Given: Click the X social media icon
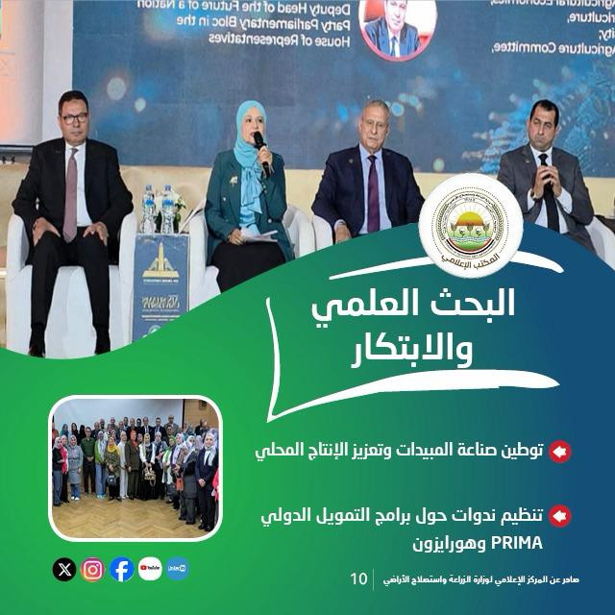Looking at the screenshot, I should tap(64, 569).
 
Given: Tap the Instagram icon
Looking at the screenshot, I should tap(92, 569).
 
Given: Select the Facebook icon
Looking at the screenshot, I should tap(121, 569).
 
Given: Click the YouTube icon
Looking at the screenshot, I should tap(149, 569).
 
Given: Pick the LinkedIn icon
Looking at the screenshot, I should tap(177, 569).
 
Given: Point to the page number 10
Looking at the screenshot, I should tap(358, 578).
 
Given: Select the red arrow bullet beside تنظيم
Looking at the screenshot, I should tap(560, 516).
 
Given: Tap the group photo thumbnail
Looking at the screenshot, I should tap(135, 466).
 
